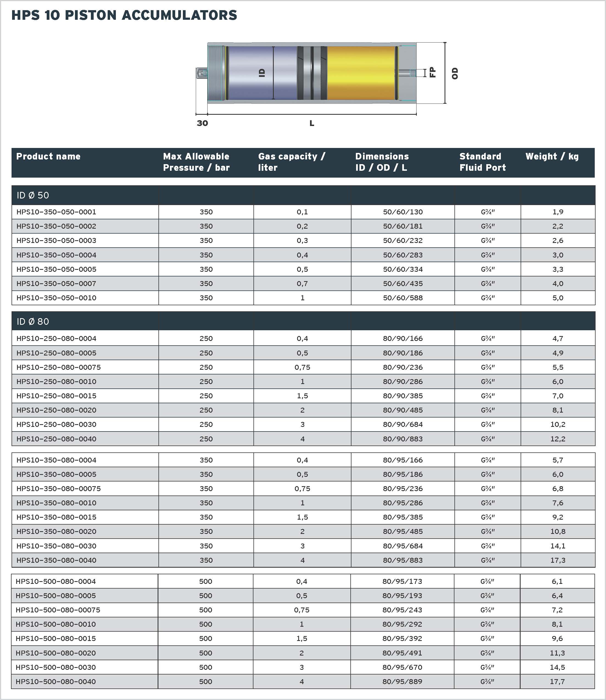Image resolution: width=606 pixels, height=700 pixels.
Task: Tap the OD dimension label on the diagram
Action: (455, 73)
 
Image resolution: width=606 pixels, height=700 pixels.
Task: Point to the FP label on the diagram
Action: (432, 72)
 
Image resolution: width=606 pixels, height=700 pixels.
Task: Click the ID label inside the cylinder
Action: (262, 73)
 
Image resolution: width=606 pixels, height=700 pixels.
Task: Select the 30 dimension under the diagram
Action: (202, 123)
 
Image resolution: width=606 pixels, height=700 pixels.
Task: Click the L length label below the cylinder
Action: (312, 123)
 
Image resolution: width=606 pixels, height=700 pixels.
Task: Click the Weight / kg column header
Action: (552, 156)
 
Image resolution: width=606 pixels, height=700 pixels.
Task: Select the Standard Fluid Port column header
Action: (482, 162)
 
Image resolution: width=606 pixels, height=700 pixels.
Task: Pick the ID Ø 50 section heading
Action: (33, 195)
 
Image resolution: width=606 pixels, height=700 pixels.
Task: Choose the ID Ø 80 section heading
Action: (33, 321)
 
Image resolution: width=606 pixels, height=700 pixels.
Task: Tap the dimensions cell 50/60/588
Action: (403, 298)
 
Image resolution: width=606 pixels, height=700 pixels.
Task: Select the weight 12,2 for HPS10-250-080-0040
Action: (558, 439)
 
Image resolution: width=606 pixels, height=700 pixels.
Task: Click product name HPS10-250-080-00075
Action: (58, 367)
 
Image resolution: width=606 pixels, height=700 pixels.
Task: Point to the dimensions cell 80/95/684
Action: (403, 546)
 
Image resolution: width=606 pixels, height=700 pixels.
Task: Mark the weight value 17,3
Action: (558, 560)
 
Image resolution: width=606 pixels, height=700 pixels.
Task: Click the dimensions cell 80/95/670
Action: (402, 667)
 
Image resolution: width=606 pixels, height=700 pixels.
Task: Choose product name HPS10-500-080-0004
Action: (56, 581)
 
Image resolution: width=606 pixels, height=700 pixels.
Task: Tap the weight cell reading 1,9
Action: (558, 212)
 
